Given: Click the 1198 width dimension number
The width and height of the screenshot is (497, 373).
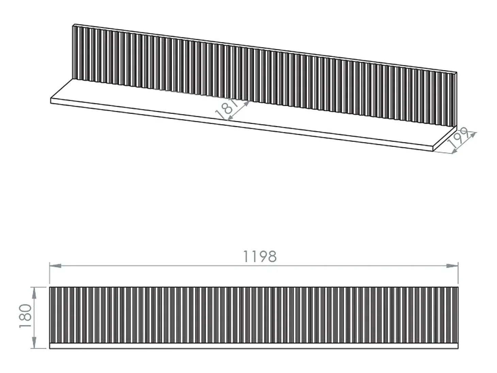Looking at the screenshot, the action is (x=260, y=257).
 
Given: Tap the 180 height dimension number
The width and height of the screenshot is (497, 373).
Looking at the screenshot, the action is (x=25, y=316).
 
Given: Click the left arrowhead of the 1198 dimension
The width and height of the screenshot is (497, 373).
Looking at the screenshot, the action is (x=55, y=266).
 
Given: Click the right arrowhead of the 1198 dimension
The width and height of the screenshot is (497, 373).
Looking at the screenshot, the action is (x=452, y=266).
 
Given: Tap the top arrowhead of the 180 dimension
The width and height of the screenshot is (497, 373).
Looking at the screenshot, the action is (x=34, y=293).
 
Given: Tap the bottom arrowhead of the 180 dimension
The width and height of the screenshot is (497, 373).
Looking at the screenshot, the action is (x=34, y=343).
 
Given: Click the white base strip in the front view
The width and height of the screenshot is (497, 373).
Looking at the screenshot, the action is (x=254, y=346).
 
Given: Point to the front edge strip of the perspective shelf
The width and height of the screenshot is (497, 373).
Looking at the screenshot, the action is (x=242, y=125).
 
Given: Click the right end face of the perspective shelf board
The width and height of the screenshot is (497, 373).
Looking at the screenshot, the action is (x=445, y=138).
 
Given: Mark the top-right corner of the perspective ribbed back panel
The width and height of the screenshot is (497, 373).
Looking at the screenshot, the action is (x=456, y=73).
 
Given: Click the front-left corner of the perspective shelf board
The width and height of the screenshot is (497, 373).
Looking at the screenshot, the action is (x=51, y=98).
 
